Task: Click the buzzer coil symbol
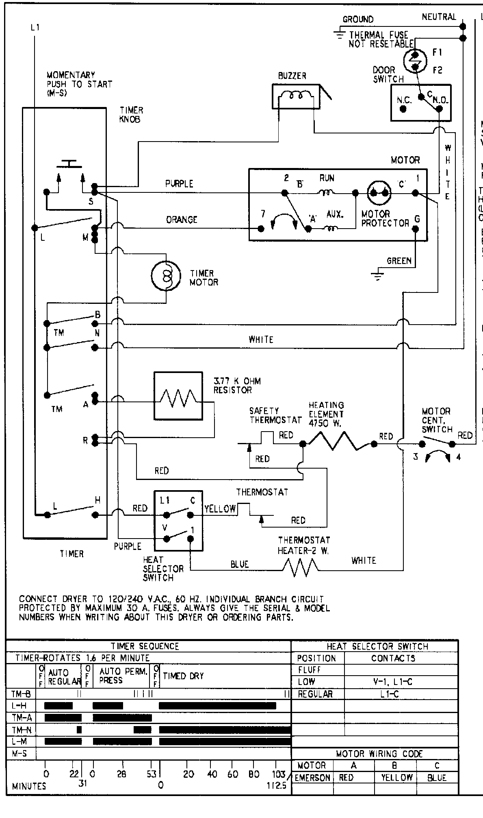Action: (295, 96)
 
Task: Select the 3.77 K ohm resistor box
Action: (178, 395)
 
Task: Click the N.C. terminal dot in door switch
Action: (403, 109)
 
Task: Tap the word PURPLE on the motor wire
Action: (179, 184)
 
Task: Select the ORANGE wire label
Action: (182, 220)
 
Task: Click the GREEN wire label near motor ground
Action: (399, 261)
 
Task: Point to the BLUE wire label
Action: (239, 564)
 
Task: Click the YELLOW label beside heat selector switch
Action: (220, 508)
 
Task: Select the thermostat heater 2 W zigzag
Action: (301, 566)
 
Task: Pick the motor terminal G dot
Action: (416, 229)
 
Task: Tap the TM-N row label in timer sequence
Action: (21, 730)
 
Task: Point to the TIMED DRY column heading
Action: (183, 676)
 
